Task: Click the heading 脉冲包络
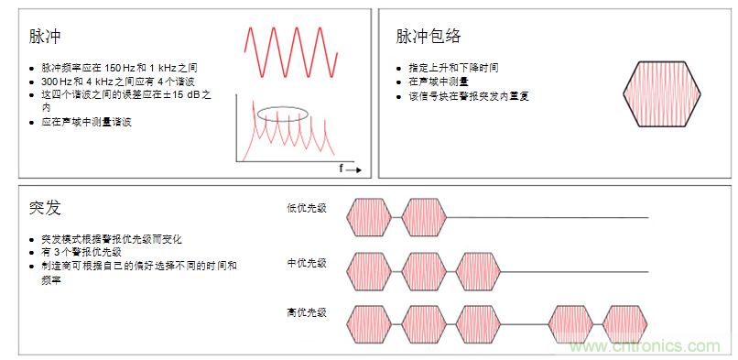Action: pyautogui.click(x=428, y=37)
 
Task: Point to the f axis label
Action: pyautogui.click(x=342, y=169)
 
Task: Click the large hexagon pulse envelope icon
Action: pyautogui.click(x=661, y=93)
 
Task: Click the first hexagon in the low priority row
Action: pyautogui.click(x=369, y=218)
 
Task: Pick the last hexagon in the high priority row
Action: pyautogui.click(x=625, y=323)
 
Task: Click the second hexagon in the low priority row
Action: pyautogui.click(x=424, y=218)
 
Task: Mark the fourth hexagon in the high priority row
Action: pyautogui.click(x=570, y=323)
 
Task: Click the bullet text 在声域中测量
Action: pyautogui.click(x=439, y=82)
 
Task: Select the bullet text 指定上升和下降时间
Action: pyautogui.click(x=453, y=68)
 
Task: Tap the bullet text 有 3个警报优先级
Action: pyautogui.click(x=81, y=252)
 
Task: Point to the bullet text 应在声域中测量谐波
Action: pyautogui.click(x=87, y=122)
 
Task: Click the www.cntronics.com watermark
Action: pyautogui.click(x=651, y=346)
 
